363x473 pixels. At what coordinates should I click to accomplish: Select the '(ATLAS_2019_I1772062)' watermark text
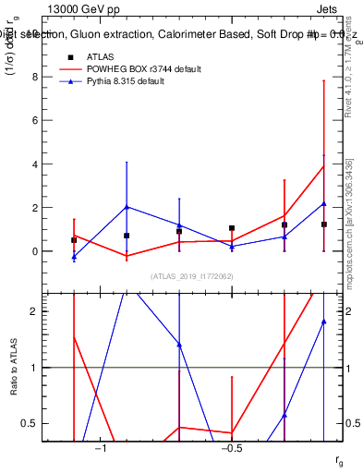tap(193, 276)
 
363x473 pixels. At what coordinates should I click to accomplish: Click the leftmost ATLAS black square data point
tap(74, 240)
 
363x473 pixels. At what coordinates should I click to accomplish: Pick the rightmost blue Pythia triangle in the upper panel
tap(324, 203)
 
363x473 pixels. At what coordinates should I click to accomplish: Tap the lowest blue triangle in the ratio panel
tap(284, 415)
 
